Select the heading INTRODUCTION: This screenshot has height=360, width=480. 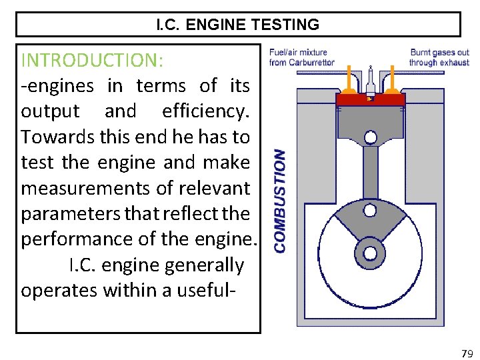coord(92,60)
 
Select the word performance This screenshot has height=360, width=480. coord(81,239)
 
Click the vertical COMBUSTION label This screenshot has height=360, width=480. coord(281,200)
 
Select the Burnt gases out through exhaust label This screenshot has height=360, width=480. coord(439,57)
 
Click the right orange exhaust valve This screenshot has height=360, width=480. coord(394,83)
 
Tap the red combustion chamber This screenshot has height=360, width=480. coord(371,99)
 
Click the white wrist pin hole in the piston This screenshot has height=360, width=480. coord(371,137)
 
